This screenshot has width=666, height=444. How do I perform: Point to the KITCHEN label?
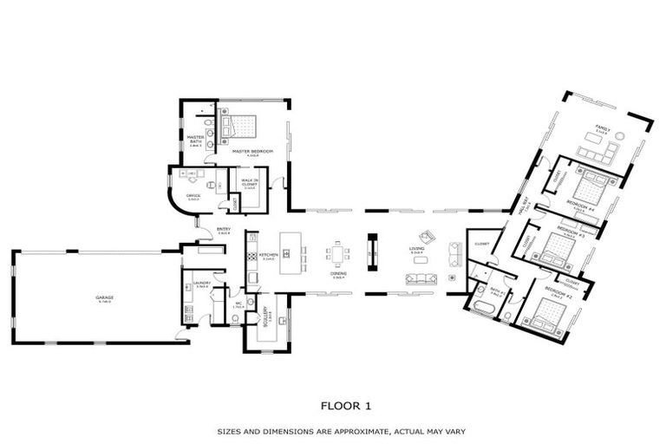point(267,256)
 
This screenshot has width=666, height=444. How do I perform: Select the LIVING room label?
point(415,251)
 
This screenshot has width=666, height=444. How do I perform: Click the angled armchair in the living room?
point(426,237)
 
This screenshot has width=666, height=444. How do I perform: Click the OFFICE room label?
point(193,196)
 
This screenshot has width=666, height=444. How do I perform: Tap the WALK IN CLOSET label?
point(249,185)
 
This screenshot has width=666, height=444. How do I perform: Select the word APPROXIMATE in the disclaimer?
point(338,431)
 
